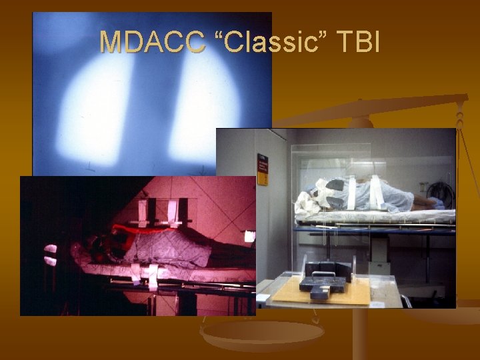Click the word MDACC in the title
[x=152, y=42]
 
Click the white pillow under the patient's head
[x=307, y=200]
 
